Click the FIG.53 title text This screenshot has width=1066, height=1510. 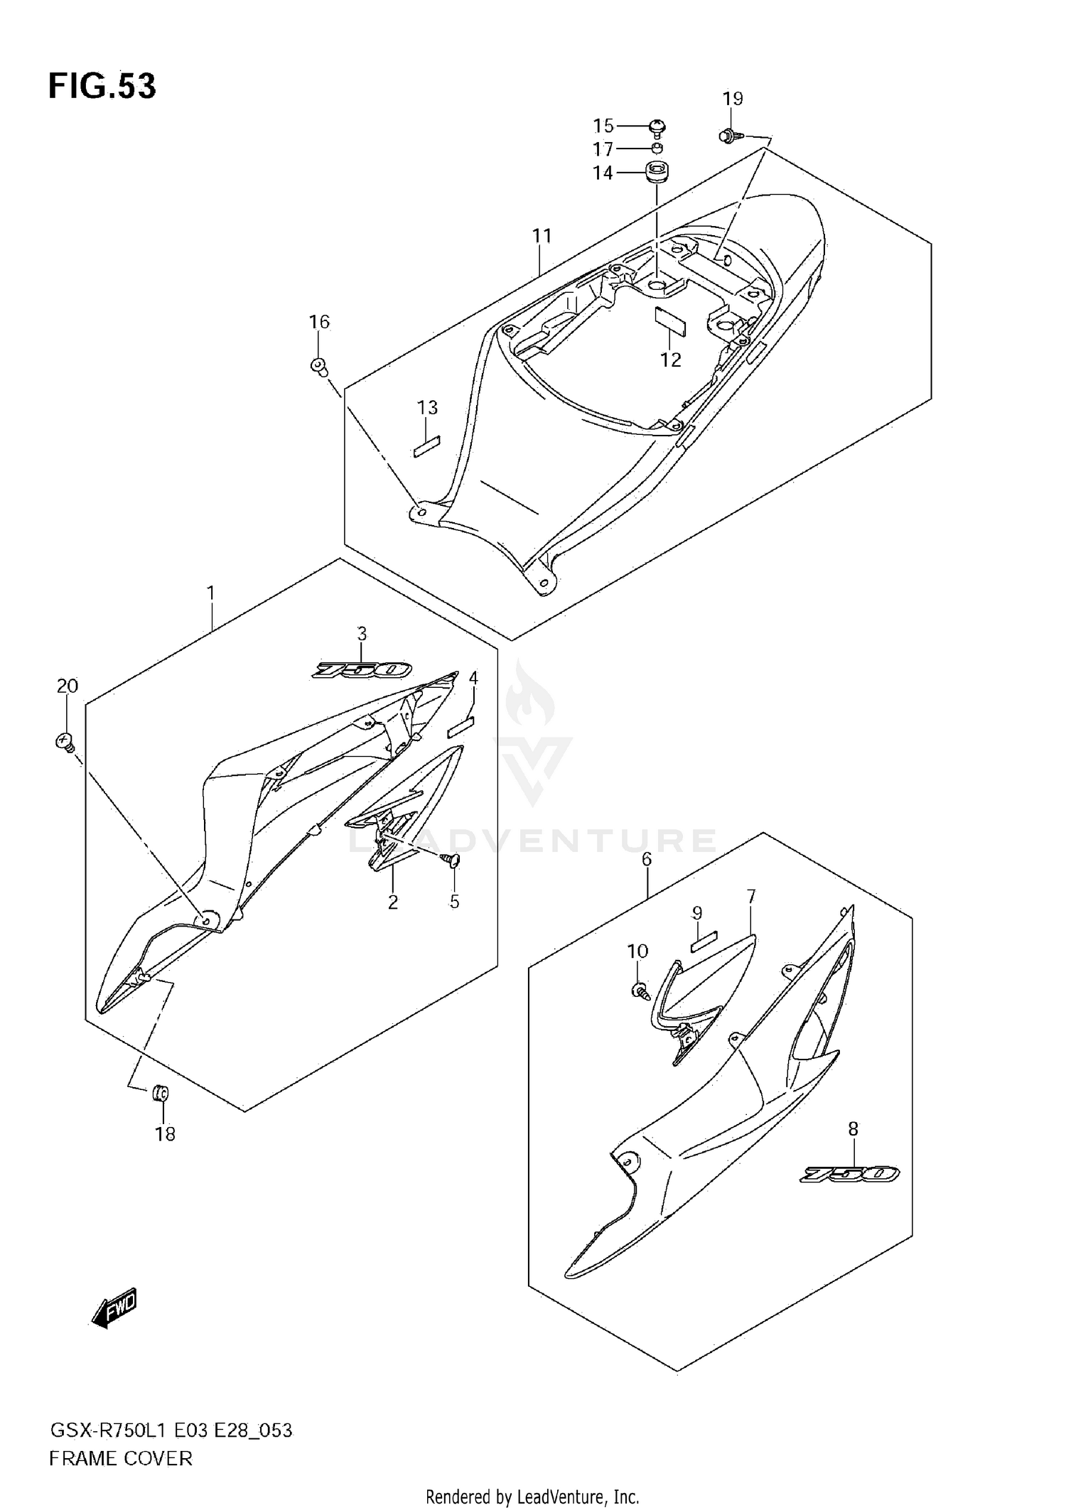point(102,86)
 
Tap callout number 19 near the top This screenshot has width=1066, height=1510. point(733,99)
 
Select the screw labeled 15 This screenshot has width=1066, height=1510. point(658,128)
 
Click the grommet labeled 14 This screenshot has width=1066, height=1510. point(655,172)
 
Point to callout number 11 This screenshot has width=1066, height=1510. point(542,235)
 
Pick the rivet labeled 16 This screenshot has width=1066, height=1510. point(319,367)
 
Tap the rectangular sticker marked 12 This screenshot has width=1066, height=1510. point(670,320)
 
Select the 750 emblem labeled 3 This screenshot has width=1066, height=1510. point(362,670)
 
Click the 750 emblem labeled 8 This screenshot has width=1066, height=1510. point(850,1175)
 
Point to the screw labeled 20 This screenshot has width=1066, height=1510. point(65,743)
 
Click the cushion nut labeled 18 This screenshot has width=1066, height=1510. point(161,1094)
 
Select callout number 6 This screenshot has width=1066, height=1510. point(646,859)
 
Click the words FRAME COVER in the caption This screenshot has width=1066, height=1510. point(121,1459)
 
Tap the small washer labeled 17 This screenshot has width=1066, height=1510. point(657,149)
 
